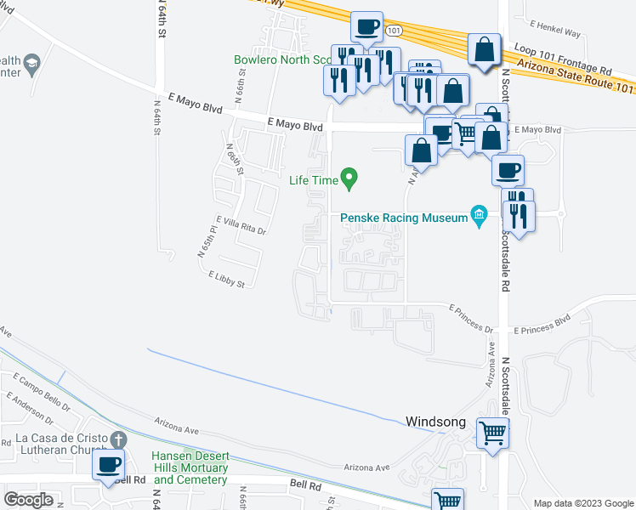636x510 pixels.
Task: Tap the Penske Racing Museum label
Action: (405, 218)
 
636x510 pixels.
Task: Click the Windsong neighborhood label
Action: (437, 421)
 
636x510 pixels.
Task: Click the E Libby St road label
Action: (225, 278)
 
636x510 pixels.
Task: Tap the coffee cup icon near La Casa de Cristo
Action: (109, 464)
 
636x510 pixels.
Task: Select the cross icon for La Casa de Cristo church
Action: (119, 439)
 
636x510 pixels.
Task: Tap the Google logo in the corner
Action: (29, 500)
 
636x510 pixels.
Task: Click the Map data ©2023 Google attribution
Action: (583, 503)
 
